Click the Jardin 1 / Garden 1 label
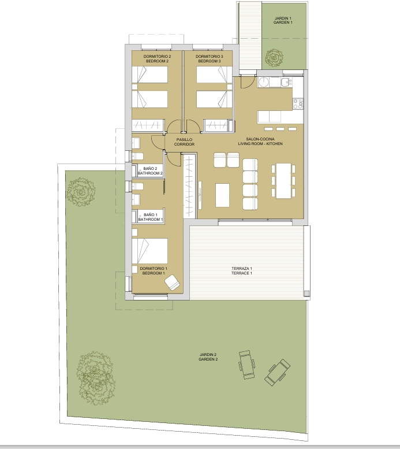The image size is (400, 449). [x=283, y=20]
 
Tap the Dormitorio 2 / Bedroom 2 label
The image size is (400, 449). [x=157, y=59]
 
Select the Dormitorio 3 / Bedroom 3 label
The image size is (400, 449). [x=209, y=59]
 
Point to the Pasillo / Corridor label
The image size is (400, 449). [x=184, y=142]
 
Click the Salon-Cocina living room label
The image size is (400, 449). [x=260, y=142]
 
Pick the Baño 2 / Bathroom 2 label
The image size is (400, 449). [x=150, y=171]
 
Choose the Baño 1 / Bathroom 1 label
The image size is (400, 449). [x=151, y=217]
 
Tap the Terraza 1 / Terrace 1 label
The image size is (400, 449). [x=242, y=271]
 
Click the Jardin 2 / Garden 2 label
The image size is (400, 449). [x=208, y=357]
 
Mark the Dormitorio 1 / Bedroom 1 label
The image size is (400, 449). [x=154, y=271]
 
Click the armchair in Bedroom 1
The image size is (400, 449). [x=172, y=283]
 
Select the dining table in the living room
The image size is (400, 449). [x=283, y=180]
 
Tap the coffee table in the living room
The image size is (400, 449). [x=222, y=195]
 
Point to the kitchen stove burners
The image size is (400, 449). [x=298, y=103]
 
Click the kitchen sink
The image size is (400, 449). [x=286, y=83]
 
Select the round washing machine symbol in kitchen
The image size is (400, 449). [x=263, y=82]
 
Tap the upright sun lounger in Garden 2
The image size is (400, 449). [x=246, y=365]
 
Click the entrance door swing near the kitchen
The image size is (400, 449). [x=248, y=81]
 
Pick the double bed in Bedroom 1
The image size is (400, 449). [x=149, y=251]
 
